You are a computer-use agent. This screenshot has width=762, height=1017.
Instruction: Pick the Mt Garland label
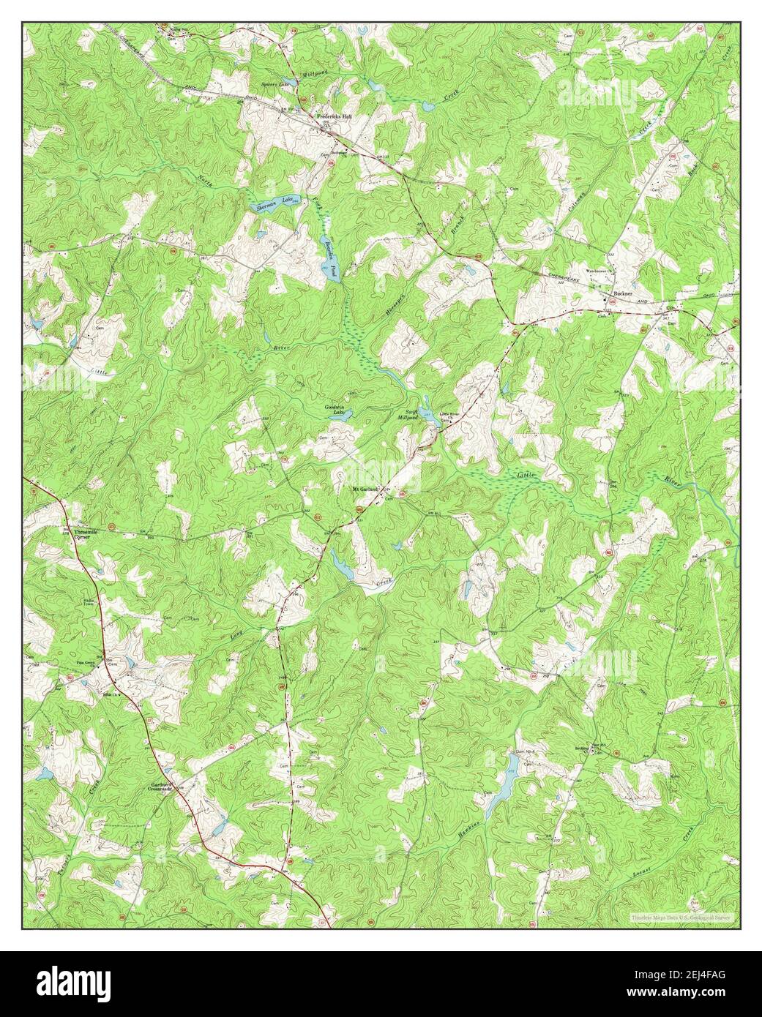364,489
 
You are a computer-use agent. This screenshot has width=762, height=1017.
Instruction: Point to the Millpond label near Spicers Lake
316,75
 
